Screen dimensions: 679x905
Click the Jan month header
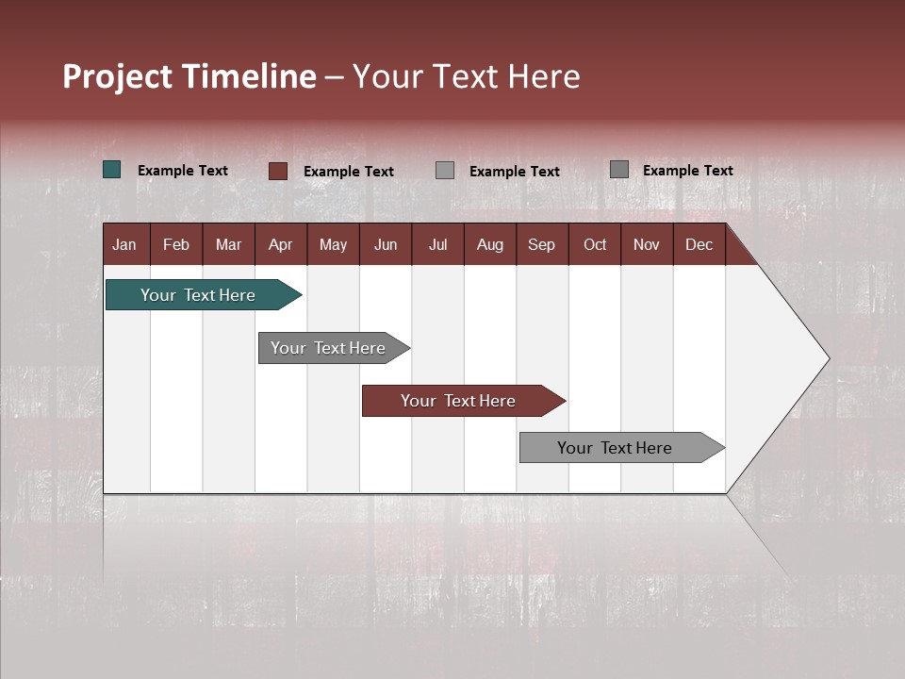pos(124,244)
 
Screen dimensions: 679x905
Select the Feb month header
pos(176,244)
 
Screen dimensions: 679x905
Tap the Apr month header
pos(280,244)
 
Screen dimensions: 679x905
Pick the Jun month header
pos(386,244)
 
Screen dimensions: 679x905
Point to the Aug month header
pos(489,244)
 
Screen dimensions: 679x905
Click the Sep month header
pos(541,244)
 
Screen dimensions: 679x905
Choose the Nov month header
pos(647,244)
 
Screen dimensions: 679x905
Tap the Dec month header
pos(699,244)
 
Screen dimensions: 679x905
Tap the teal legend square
pos(112,170)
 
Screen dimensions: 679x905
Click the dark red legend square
pos(277,171)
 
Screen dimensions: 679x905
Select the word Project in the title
pos(117,76)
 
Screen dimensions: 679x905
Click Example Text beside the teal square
pos(183,171)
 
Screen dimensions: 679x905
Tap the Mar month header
pos(228,244)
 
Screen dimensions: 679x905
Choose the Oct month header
pos(595,244)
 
